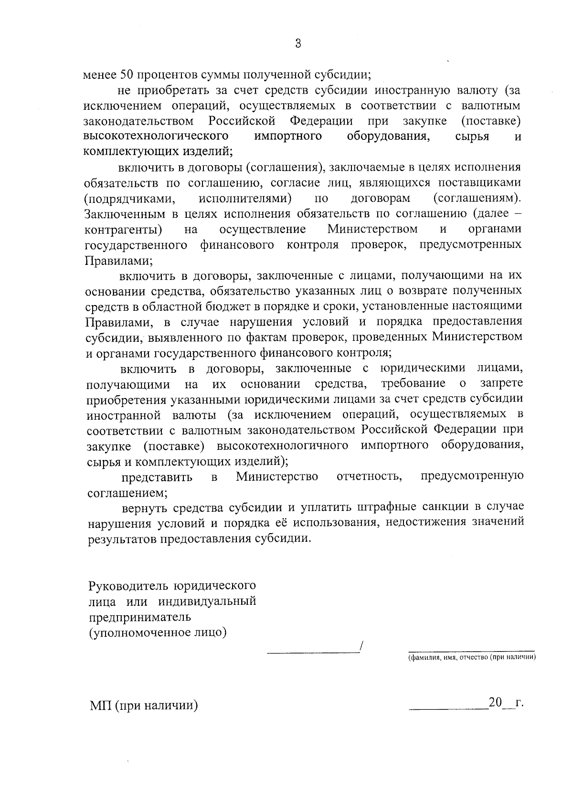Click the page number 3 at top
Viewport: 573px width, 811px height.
(x=297, y=43)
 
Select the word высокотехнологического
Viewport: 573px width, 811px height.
(x=156, y=136)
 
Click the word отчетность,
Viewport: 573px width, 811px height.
(x=369, y=476)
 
